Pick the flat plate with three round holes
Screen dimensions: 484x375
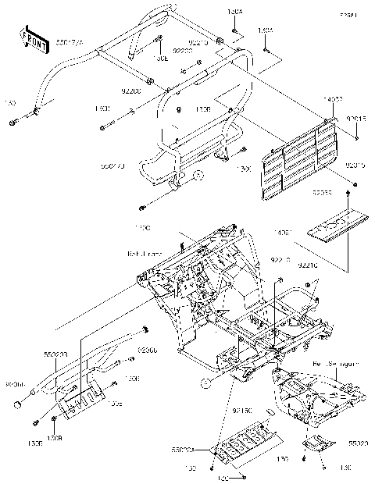(x=337, y=225)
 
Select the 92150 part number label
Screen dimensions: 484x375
(x=241, y=408)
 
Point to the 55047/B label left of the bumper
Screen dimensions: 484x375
(x=113, y=166)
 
